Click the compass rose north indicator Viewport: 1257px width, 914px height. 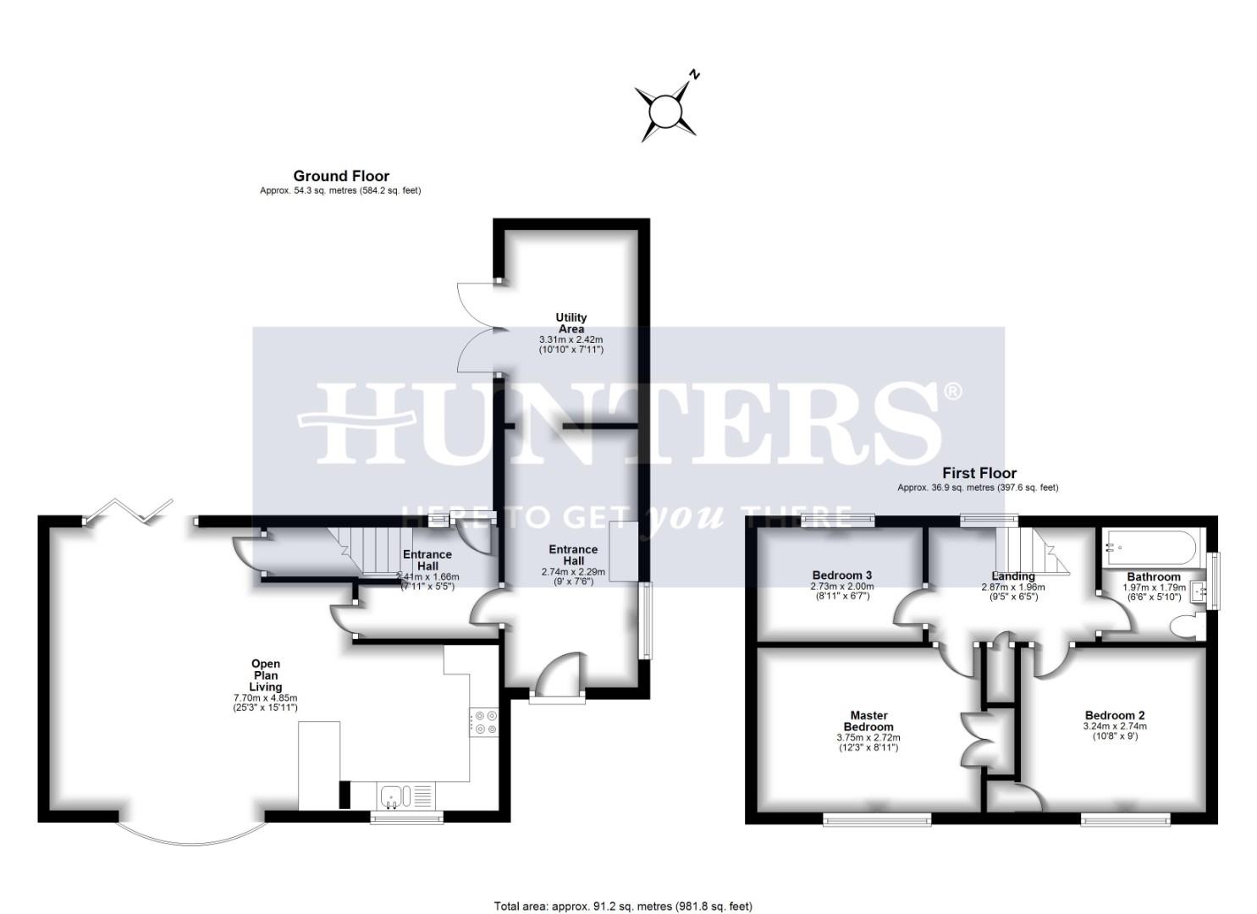(x=667, y=107)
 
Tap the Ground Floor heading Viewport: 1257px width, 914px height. (x=341, y=176)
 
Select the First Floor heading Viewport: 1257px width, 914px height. (x=979, y=473)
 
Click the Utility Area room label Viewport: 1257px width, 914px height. (x=571, y=323)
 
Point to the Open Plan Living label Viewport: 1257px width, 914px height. (x=265, y=675)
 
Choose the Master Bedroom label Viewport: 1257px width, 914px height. (x=868, y=721)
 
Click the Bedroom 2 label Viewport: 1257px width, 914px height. (x=1114, y=715)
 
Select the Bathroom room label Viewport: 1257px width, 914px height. (x=1153, y=576)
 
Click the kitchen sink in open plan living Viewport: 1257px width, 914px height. (x=395, y=796)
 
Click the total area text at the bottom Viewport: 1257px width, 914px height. (x=622, y=906)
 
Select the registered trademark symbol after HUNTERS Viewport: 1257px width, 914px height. (x=952, y=392)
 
